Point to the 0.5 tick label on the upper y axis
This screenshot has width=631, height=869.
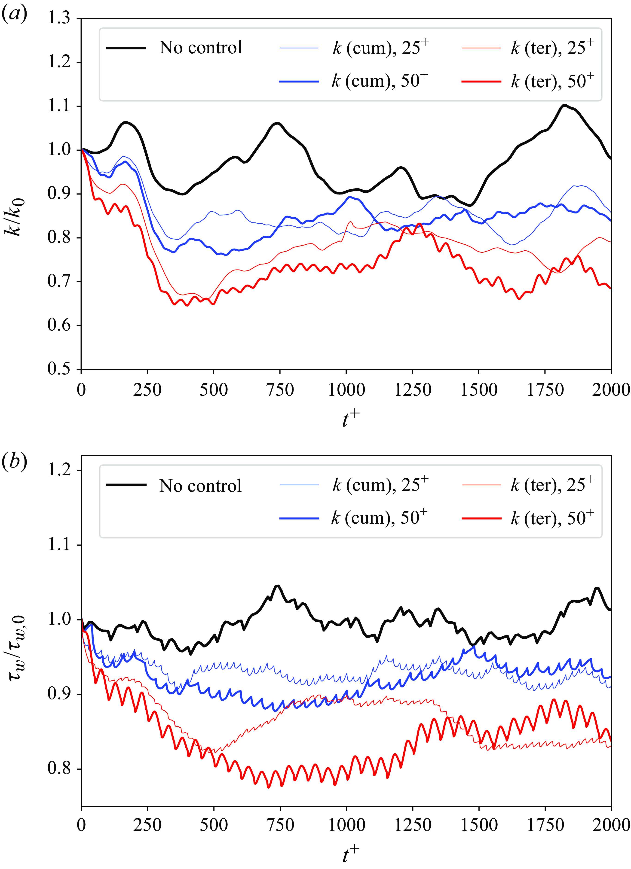click(x=59, y=369)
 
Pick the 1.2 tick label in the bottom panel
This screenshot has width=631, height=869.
click(x=59, y=470)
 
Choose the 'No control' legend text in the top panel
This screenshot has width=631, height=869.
click(x=200, y=48)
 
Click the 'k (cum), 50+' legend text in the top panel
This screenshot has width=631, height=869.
click(x=380, y=80)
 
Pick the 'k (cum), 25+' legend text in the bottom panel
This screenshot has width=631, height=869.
click(x=380, y=485)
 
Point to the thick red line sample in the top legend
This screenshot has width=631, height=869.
click(x=481, y=81)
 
